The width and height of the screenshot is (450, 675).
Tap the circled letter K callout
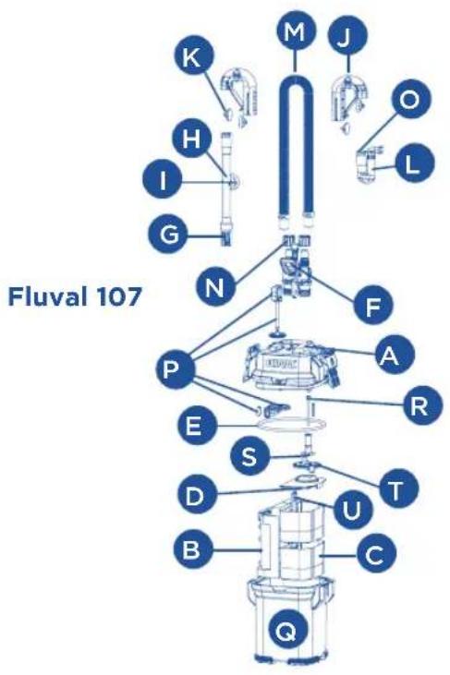click(x=193, y=57)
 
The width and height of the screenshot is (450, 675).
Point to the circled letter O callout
click(x=410, y=100)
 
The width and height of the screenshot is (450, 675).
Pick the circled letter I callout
click(x=163, y=181)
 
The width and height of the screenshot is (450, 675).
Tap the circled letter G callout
click(x=168, y=235)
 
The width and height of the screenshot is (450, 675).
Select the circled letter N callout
click(x=215, y=286)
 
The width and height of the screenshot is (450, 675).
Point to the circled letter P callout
click(x=176, y=369)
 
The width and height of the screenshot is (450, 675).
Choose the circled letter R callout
click(x=422, y=404)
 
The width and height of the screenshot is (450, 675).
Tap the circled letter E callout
click(x=192, y=427)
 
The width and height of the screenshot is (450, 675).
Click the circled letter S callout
click(x=249, y=457)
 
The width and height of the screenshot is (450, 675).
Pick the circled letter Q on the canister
click(x=286, y=631)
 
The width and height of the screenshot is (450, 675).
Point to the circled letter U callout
click(x=353, y=510)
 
